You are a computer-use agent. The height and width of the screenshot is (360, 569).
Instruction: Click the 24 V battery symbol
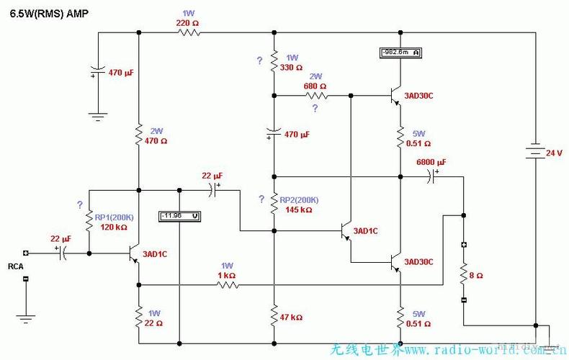[x=534, y=153]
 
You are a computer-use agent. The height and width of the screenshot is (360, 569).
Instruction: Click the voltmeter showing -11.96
[x=179, y=215]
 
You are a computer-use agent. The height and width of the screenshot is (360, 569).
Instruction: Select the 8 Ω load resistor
[x=464, y=274]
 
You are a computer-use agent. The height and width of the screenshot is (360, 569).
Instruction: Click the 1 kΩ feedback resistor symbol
[x=228, y=284]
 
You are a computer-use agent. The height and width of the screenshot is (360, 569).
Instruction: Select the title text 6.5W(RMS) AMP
[x=50, y=14]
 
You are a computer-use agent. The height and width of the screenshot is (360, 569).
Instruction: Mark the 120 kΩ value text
[x=112, y=227]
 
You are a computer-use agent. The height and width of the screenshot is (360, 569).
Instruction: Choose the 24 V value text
[x=553, y=153]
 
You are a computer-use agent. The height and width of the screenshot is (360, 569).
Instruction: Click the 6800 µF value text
[x=431, y=162]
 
